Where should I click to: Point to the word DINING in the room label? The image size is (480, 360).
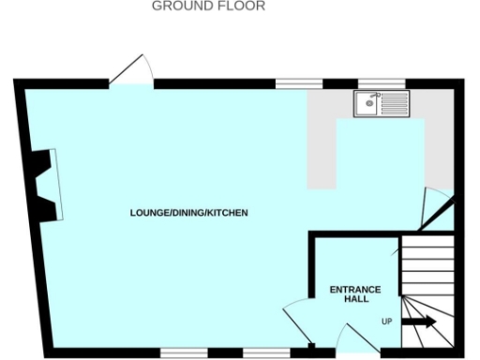(x=189, y=214)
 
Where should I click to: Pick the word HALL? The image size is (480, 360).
(x=355, y=299)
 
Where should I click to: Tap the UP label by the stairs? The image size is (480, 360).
(x=386, y=322)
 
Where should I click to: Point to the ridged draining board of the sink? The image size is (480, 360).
(x=394, y=103)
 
